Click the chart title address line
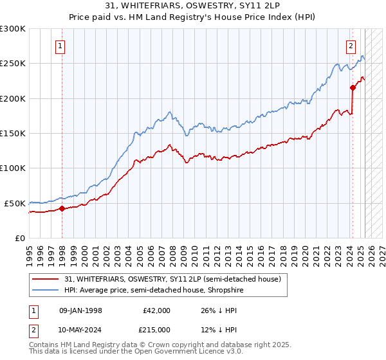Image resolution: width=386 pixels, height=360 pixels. pos(192,6)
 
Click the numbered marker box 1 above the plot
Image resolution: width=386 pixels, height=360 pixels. pos(60,46)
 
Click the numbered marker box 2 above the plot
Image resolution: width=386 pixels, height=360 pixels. pos(351,46)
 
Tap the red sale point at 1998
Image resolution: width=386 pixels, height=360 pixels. pos(62,208)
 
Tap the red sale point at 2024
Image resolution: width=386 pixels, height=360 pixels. pos(353,87)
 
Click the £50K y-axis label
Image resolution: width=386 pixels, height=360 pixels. pos(15,203)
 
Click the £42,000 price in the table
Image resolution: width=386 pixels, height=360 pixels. pos(156,310)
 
